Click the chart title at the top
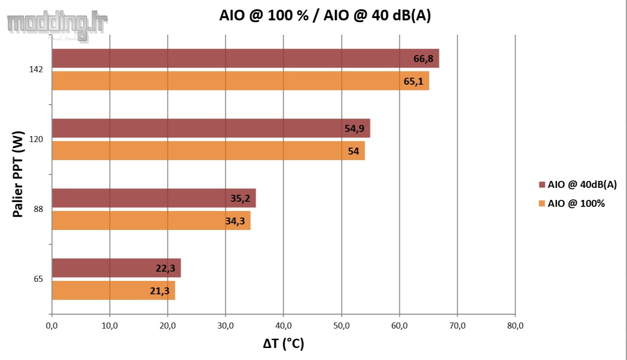coord(325,16)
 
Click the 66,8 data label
coord(423,59)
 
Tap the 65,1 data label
coord(413,81)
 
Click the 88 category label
coord(38,209)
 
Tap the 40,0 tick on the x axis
coord(283,326)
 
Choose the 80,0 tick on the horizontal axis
coord(515,326)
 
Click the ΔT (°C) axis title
coord(283,344)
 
